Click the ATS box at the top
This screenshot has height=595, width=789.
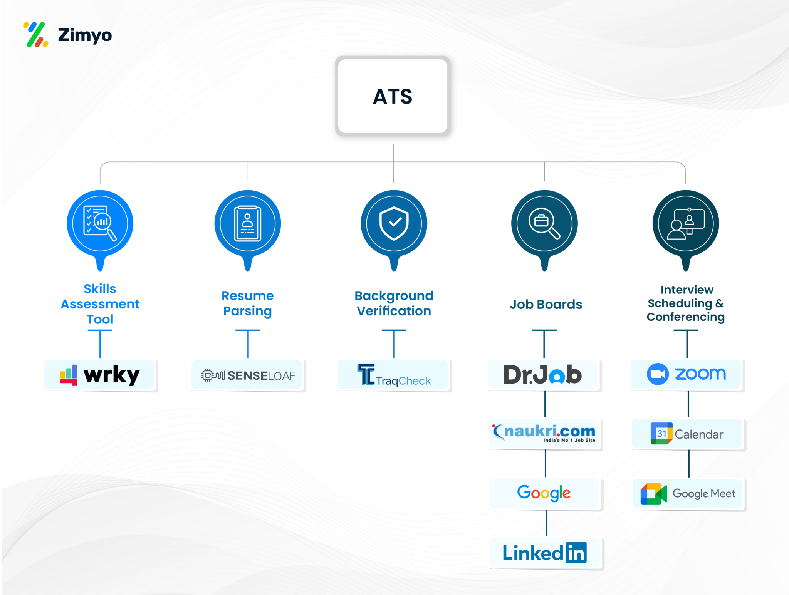click(x=393, y=96)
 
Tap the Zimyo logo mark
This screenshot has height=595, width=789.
click(x=36, y=35)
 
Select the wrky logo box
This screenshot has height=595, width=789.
click(x=99, y=375)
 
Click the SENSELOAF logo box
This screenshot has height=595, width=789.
click(x=248, y=375)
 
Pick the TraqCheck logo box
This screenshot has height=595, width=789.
click(x=393, y=375)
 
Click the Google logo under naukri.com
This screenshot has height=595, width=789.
click(x=544, y=493)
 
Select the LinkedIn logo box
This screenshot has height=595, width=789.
click(x=545, y=553)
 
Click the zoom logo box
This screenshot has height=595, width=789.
click(x=687, y=374)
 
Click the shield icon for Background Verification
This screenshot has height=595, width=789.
click(x=394, y=223)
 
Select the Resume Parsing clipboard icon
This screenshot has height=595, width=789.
click(x=248, y=224)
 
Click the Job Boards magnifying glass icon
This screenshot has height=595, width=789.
click(x=544, y=224)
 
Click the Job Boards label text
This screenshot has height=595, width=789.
click(x=546, y=305)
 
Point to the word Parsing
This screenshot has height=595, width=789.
click(x=247, y=311)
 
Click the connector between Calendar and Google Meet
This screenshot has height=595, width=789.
click(x=689, y=464)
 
